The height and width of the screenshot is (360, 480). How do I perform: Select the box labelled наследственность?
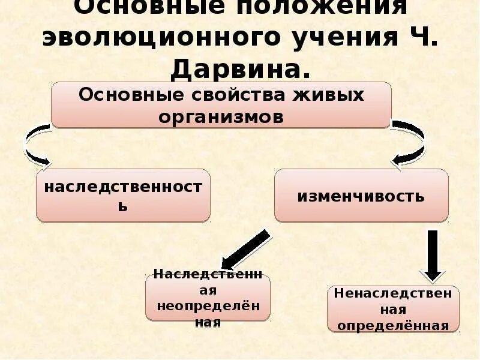point(123,196)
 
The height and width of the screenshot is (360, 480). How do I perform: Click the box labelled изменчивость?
point(361,196)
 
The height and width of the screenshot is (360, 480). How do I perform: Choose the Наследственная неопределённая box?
point(208,298)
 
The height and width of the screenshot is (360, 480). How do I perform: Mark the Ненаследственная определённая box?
point(393,309)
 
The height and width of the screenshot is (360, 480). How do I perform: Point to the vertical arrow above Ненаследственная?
point(433,254)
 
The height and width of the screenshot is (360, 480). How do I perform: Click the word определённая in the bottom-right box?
point(393,326)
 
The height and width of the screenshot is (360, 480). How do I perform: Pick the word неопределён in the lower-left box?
point(208,306)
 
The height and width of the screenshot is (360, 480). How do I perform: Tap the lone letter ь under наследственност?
point(122,206)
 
